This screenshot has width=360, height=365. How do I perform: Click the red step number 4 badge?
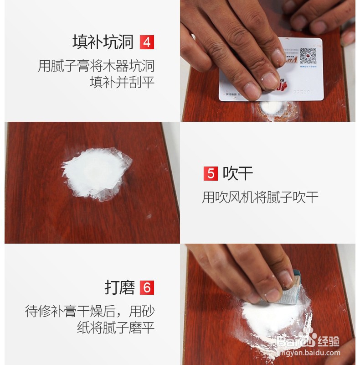pos(147,42)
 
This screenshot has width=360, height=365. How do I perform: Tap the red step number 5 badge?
pos(210,174)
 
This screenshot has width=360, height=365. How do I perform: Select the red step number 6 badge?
pos(147,288)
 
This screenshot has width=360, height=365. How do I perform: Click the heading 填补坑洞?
pos(103,42)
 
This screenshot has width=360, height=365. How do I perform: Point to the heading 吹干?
pos(237,174)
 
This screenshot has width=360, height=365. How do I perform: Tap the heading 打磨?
pos(120,288)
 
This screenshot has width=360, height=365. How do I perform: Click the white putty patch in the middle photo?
pos(96,173)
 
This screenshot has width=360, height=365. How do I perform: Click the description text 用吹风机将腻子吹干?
pos(260,198)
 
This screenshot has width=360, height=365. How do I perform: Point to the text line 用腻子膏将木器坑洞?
pos(96,66)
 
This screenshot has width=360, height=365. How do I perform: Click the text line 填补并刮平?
pos(122,83)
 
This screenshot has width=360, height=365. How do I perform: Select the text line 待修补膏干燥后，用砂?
pos(90,312)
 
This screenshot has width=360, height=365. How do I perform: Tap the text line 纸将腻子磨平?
pos(116,328)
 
